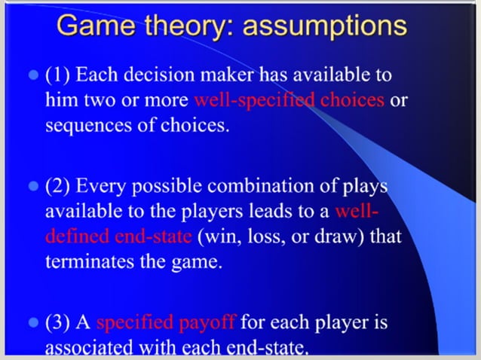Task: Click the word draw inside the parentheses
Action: (x=330, y=236)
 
